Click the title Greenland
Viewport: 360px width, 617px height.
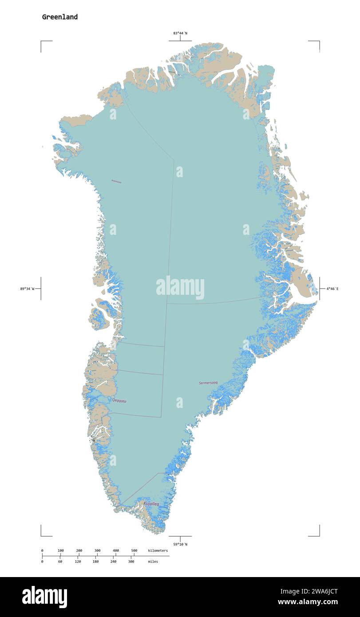click(x=60, y=17)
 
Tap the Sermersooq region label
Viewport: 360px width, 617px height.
click(x=208, y=383)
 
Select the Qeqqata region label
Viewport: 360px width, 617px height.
click(x=119, y=401)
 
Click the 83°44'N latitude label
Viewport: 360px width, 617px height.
click(x=180, y=33)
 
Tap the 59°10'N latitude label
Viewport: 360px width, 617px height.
click(x=180, y=544)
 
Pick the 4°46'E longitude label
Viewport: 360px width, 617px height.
click(x=332, y=289)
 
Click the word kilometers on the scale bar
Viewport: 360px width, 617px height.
click(x=158, y=550)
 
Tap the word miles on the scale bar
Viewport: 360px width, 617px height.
click(x=153, y=562)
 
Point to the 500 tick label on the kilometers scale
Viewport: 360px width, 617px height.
click(x=134, y=550)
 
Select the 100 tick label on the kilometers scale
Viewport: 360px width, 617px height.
click(x=61, y=550)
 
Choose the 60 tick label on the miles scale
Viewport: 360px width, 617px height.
click(x=60, y=562)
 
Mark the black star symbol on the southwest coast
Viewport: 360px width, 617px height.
click(x=94, y=440)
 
